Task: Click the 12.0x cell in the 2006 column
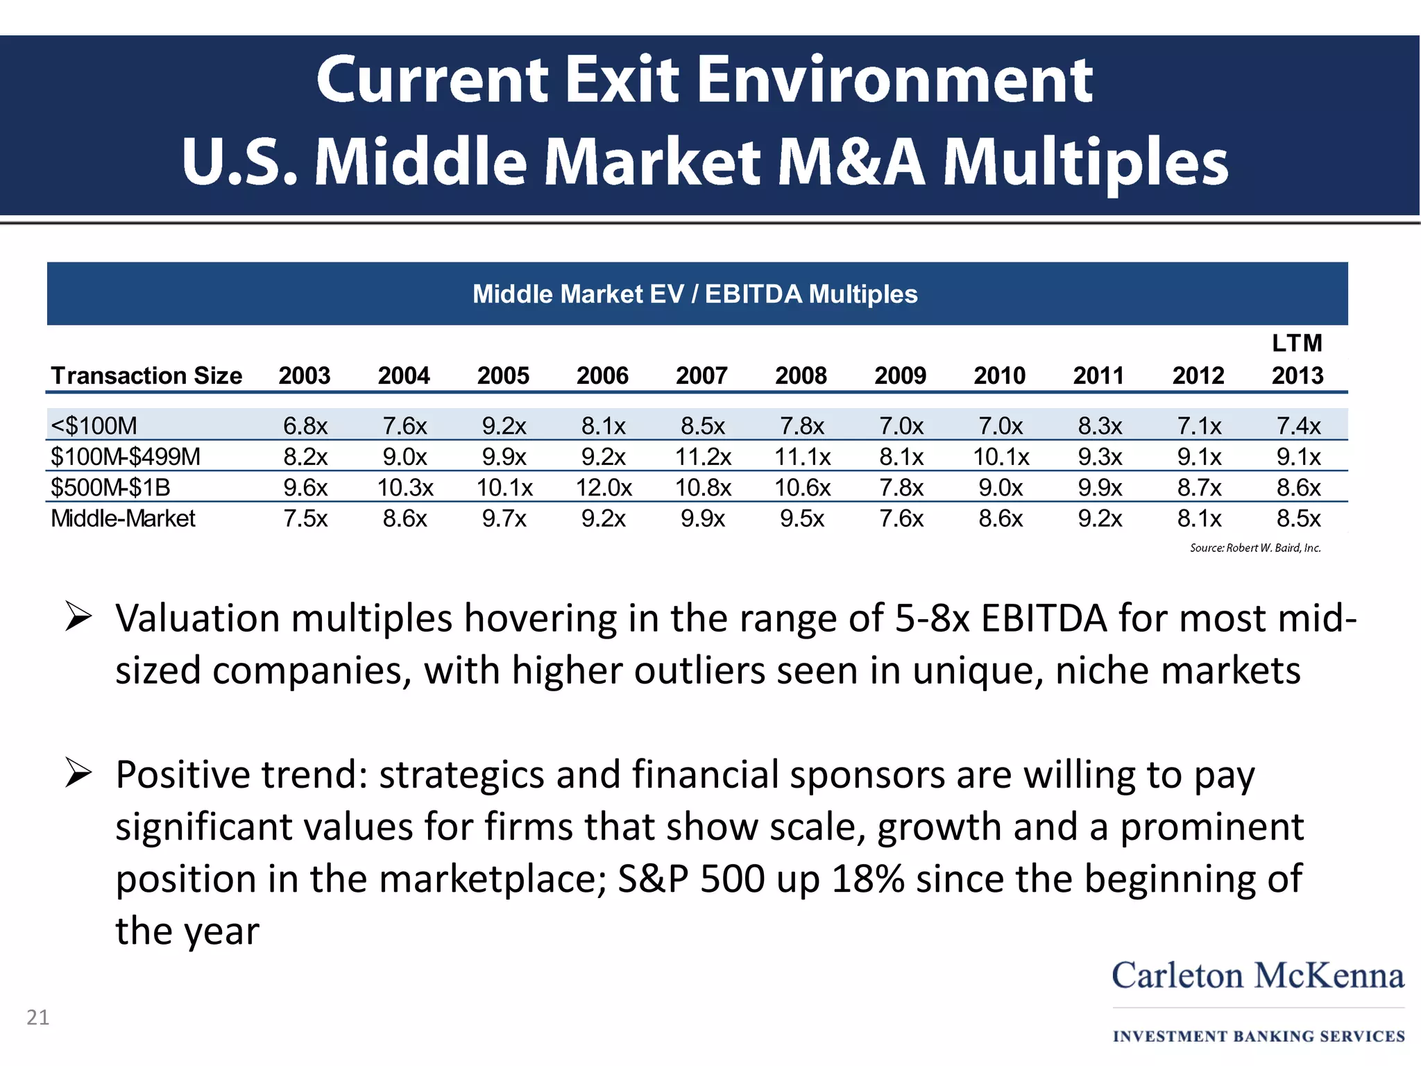pos(604,488)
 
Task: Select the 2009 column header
pos(900,375)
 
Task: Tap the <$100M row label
pos(94,425)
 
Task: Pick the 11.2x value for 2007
pos(703,457)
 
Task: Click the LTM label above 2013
pos(1297,343)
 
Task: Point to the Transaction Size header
pos(146,375)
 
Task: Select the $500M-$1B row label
pos(110,488)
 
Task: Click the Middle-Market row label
pos(124,518)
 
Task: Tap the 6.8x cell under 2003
pos(305,425)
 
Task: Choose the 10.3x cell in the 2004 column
pos(405,488)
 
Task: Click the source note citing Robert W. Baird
pos(1254,548)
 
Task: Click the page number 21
pos(37,1017)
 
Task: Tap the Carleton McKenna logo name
pos(1258,976)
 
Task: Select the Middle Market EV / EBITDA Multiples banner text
pos(695,294)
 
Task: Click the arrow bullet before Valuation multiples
pos(78,617)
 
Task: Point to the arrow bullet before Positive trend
pos(78,773)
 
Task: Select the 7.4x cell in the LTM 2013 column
pos(1298,425)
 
